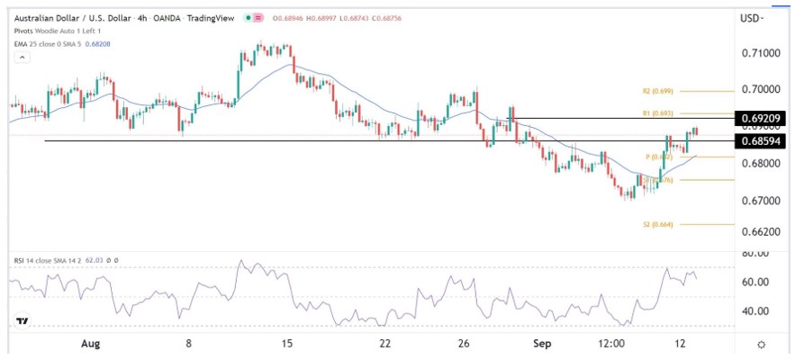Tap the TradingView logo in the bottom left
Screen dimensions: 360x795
[x=23, y=321]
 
